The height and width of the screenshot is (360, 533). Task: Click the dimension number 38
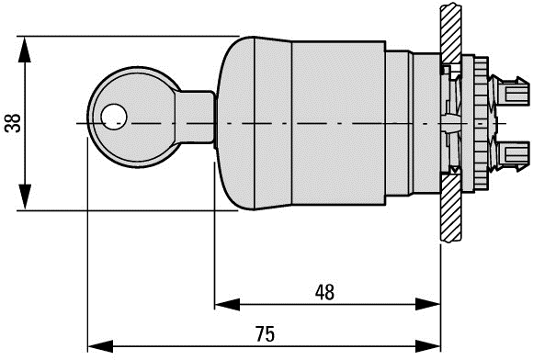coord(13,123)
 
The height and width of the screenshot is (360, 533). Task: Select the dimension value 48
coord(324,292)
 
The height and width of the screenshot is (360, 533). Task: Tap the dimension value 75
coord(266,334)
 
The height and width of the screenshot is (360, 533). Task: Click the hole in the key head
coord(114,117)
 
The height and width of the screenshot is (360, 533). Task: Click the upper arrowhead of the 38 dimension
coord(25,50)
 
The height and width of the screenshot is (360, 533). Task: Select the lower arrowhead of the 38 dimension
coord(25,197)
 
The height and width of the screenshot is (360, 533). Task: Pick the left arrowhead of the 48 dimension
coord(227,304)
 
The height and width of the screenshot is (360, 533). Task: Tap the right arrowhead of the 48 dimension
coord(428,304)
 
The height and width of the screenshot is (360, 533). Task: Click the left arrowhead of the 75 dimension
coord(100,346)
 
